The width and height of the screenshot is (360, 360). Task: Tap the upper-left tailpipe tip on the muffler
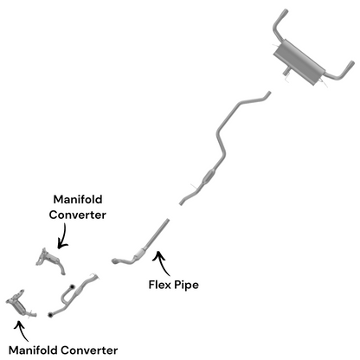(x=282, y=16)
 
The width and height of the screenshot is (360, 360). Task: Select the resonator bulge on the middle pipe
(x=208, y=177)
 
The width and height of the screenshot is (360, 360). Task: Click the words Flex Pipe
(x=177, y=283)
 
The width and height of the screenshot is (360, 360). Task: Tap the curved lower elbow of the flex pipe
(x=116, y=260)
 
